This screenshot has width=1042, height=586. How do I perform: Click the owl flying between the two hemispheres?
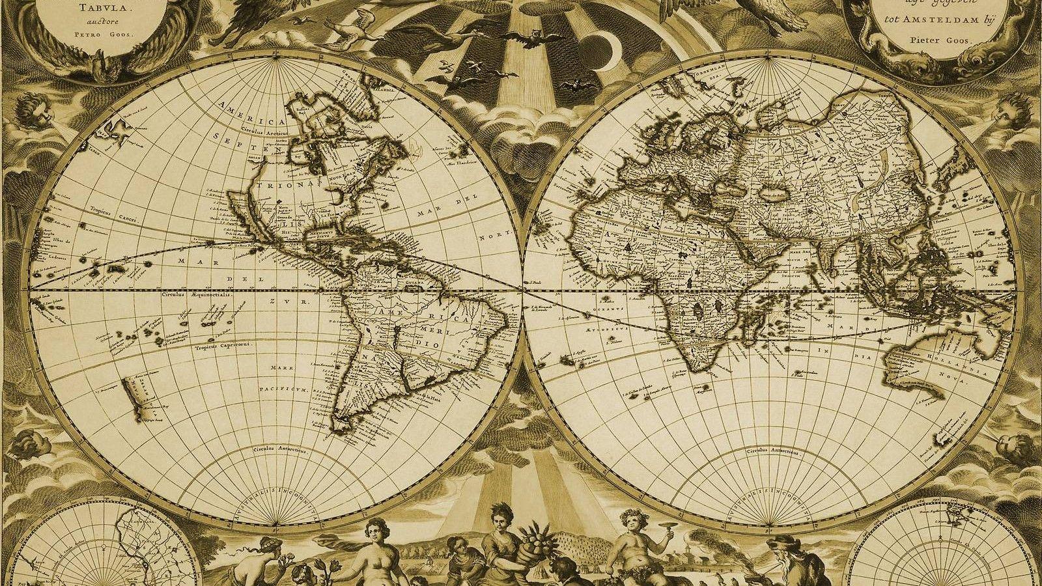537,36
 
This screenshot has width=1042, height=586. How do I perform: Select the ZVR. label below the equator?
300,303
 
